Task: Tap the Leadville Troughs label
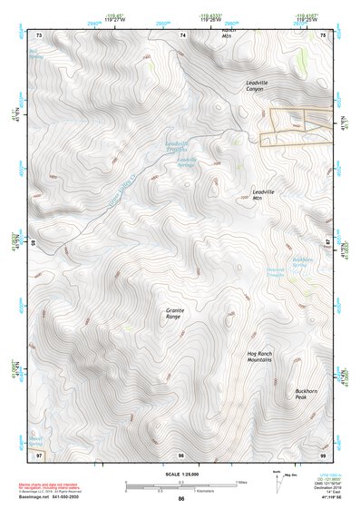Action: (x=179, y=144)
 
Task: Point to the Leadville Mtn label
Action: (x=264, y=196)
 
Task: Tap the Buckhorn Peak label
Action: (x=306, y=395)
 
